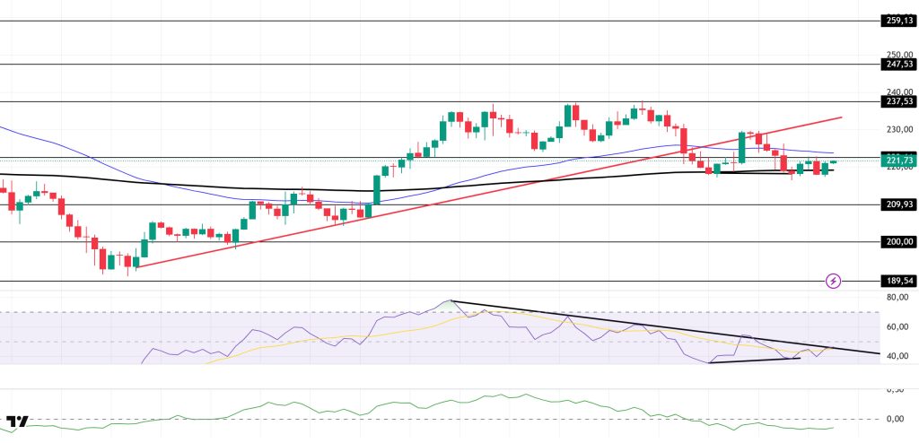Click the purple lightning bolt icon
click(834, 281)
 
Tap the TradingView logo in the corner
click(17, 421)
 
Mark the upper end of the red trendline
click(841, 117)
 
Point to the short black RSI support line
click(754, 360)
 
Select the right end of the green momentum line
click(833, 428)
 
